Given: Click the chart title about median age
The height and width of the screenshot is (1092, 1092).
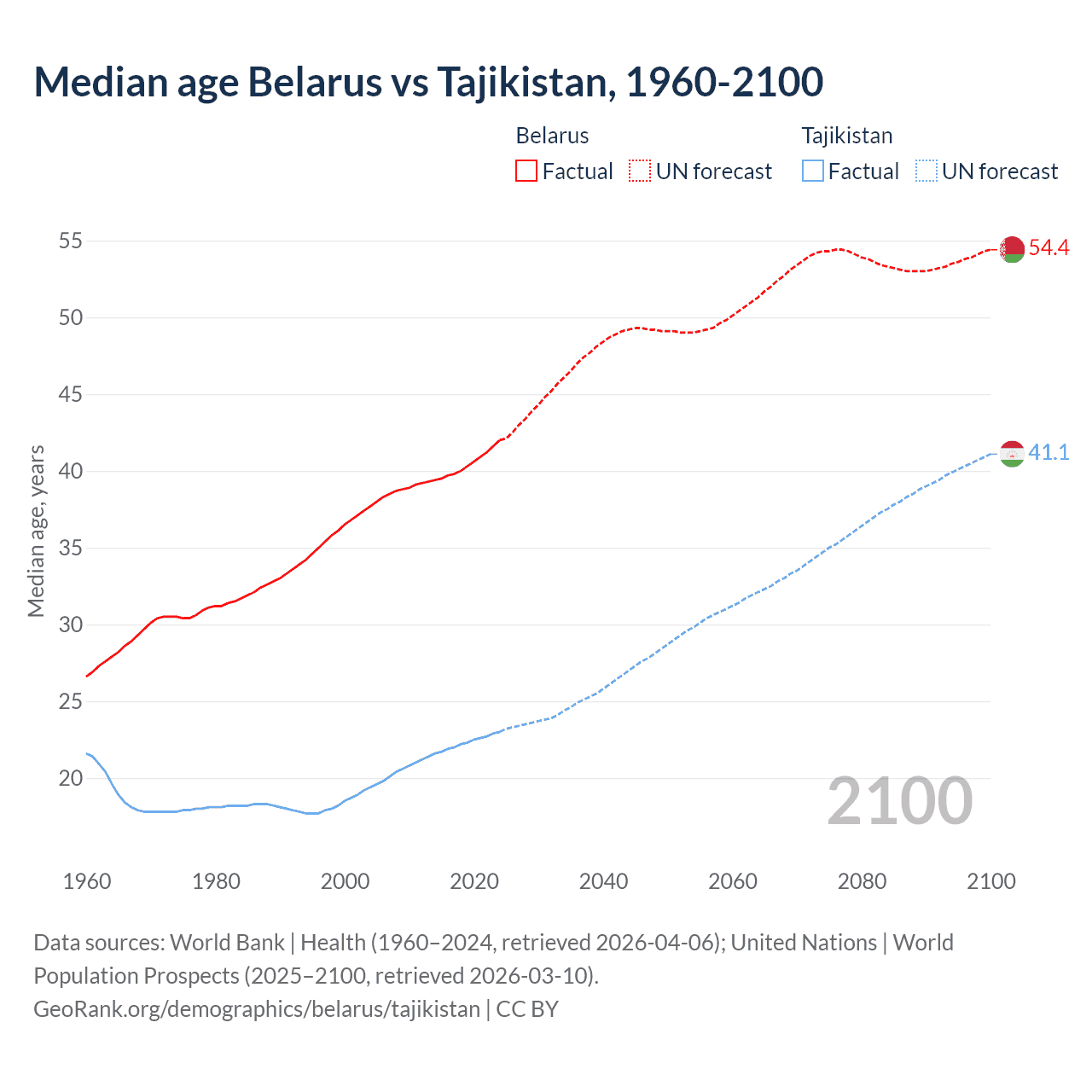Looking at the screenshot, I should (x=428, y=82).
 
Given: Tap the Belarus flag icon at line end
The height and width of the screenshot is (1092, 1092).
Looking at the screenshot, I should (x=1012, y=249).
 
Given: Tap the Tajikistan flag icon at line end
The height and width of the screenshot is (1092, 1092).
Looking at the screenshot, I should (x=1012, y=454).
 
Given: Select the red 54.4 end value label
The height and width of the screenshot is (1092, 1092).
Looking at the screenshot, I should (x=1048, y=248).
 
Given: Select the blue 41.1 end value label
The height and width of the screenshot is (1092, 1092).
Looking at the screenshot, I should (x=1048, y=453).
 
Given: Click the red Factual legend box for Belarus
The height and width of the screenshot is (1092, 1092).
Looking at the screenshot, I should (x=526, y=171).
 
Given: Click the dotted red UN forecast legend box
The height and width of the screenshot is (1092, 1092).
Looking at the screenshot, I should (x=640, y=171).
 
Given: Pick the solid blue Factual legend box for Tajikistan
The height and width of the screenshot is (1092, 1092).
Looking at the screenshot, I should (x=812, y=171).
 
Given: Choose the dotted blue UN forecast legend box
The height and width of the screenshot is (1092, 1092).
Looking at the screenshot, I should (x=926, y=171).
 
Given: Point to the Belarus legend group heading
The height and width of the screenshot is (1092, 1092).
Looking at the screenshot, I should (x=552, y=136).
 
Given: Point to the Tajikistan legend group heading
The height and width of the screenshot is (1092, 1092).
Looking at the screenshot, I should (x=846, y=136).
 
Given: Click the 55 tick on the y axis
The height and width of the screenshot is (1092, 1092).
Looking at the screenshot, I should (x=71, y=241).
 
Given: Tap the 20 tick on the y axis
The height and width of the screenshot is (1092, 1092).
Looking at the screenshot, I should (x=71, y=778).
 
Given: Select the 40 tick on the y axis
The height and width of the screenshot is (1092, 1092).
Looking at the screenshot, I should (x=71, y=471).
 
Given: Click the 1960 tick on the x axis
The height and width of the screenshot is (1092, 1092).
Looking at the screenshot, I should (x=87, y=881).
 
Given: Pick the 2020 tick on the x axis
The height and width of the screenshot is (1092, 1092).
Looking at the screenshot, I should (x=474, y=881).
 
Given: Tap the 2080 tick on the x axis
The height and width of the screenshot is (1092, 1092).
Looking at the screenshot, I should (x=862, y=881).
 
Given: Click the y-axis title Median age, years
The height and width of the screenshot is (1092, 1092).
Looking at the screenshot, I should (x=36, y=531).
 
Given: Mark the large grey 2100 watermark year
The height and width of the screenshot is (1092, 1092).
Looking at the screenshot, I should (x=899, y=801).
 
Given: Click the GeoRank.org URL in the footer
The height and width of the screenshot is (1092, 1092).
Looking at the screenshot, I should (x=257, y=1009).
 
